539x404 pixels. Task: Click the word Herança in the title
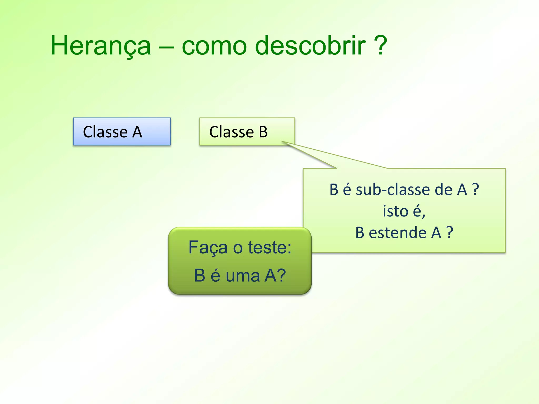point(101,46)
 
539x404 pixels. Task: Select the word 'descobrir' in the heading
point(311,46)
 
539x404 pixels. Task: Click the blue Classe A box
point(122,132)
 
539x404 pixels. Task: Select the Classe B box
point(247,132)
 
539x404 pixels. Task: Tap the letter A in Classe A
point(137,132)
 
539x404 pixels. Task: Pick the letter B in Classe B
point(263,132)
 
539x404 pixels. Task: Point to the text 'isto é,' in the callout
point(404,211)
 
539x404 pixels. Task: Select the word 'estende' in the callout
point(398,233)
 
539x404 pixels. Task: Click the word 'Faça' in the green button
point(208,248)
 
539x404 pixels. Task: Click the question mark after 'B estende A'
point(450,233)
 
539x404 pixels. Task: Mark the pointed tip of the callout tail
point(282,142)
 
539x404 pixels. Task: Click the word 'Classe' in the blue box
point(105,132)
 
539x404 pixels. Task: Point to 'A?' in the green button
point(275,276)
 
